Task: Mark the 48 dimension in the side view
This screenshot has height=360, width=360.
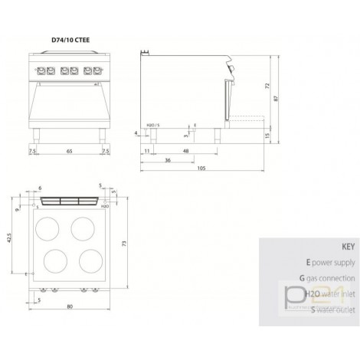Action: [x=186, y=152]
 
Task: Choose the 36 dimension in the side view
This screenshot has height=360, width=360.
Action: [x=168, y=160]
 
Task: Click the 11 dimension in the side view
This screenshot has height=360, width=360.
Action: [x=146, y=152]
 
